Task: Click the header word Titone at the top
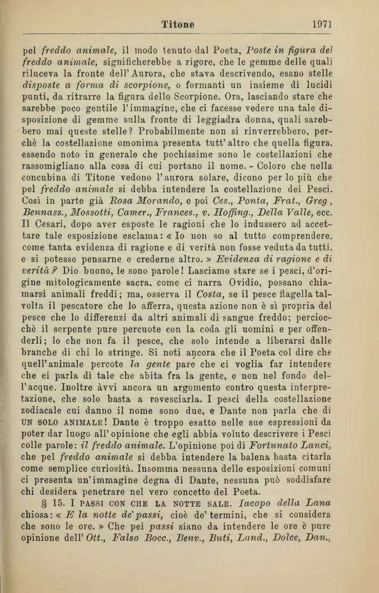coord(178,24)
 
